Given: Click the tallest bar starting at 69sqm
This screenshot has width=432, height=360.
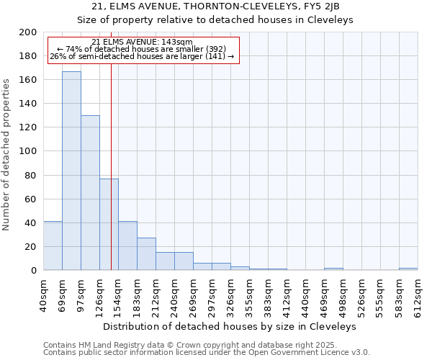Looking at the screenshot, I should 71,171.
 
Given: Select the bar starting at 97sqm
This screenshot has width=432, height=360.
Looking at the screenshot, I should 90,193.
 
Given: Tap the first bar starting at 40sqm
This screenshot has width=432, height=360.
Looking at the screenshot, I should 53,246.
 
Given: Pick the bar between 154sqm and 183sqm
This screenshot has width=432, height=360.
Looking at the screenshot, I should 127,246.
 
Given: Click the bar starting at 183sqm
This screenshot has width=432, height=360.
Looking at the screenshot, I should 146,254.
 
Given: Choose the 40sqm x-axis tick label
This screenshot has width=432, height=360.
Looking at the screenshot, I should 43,294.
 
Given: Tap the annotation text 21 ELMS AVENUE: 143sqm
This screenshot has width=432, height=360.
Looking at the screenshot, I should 142,42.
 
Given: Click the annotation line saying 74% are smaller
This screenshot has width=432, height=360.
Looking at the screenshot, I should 142,49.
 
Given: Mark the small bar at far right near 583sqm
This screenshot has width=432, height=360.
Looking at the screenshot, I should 408,269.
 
